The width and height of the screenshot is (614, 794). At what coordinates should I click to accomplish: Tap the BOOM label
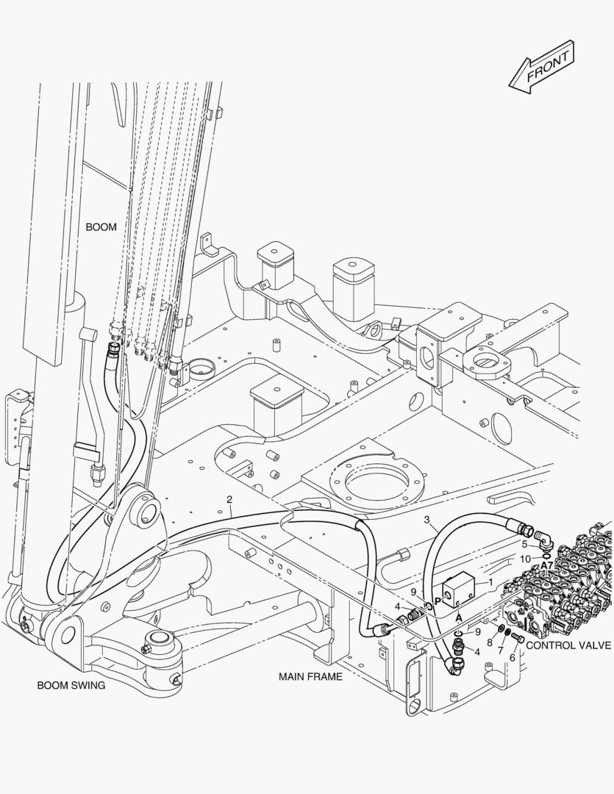point(101,227)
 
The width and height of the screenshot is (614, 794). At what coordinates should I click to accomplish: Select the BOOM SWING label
point(71,685)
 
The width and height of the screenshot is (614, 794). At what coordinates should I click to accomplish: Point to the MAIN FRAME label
point(310,676)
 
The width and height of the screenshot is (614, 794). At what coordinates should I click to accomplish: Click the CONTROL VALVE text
point(568,645)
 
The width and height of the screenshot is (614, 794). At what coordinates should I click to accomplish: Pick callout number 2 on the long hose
point(230,499)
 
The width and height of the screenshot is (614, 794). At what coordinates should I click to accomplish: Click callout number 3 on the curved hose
point(426,520)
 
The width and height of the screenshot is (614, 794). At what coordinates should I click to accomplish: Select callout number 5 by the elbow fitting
point(524,544)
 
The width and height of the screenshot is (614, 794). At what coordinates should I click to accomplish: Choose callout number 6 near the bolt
point(513,657)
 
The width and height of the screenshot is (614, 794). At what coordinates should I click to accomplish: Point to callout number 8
point(488,643)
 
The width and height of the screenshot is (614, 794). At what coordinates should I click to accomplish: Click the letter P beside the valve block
point(438,601)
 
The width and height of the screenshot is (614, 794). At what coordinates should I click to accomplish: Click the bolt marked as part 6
point(518,637)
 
